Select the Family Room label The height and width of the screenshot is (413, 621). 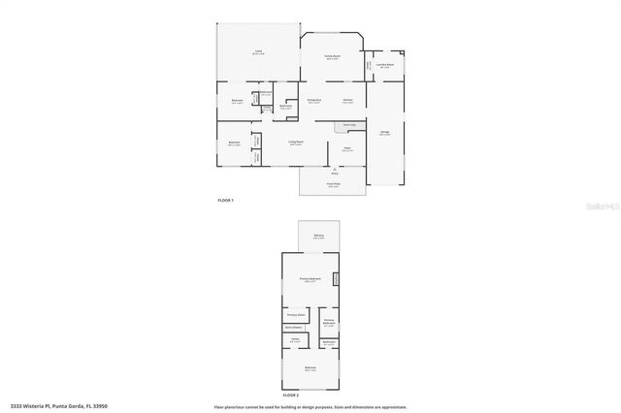coord(332,57)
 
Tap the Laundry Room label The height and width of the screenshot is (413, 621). coord(385,66)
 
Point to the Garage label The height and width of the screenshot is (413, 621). coord(384,133)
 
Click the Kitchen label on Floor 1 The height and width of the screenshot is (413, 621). coord(346,100)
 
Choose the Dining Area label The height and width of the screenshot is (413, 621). coord(313,100)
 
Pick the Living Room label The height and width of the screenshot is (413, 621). coord(295,143)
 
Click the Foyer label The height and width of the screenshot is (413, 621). coord(346,148)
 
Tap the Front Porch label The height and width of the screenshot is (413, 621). coord(333,183)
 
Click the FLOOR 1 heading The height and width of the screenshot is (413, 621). coord(225,200)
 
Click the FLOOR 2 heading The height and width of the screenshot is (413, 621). coord(290,396)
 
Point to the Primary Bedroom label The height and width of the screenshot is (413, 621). coord(310,279)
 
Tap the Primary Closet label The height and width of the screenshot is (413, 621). coord(296,315)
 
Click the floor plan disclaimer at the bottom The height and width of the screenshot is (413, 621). coord(310,406)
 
